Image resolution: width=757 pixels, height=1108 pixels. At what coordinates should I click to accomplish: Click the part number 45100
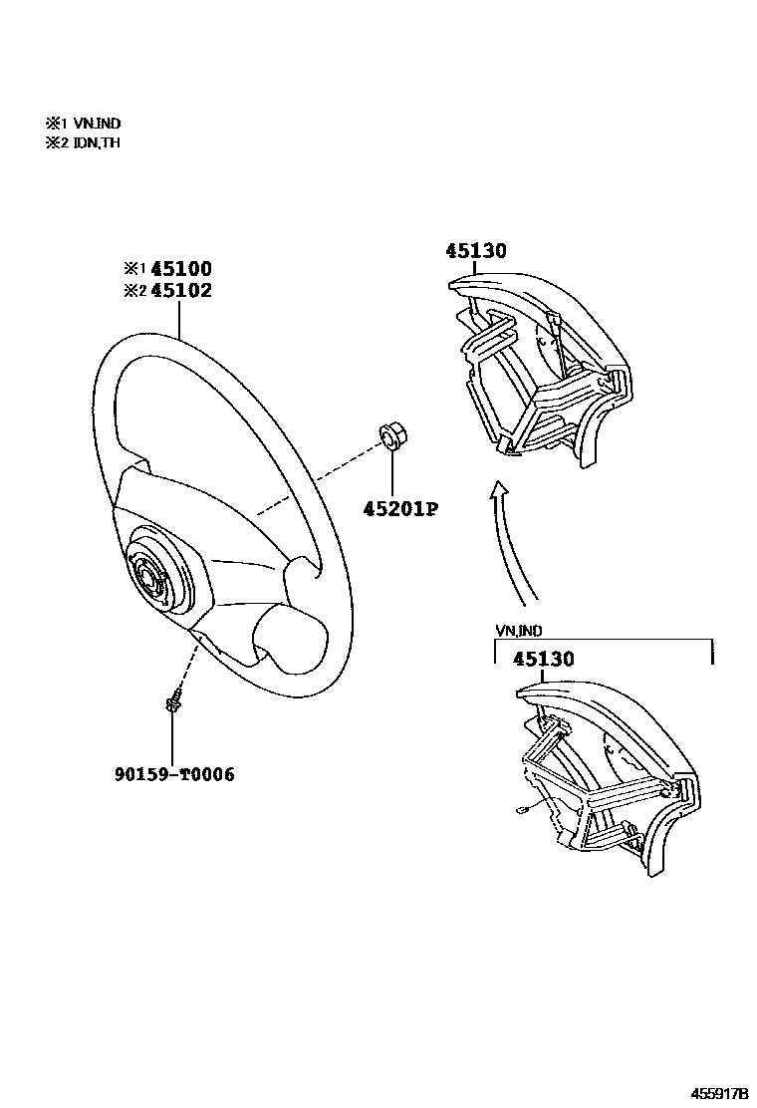(180, 269)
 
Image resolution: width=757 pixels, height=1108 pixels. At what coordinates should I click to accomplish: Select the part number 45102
(180, 290)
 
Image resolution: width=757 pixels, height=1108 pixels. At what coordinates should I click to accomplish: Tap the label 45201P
(401, 509)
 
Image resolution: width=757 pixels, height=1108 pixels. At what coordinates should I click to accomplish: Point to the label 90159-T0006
(174, 773)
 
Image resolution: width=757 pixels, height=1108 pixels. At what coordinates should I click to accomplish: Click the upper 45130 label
(475, 251)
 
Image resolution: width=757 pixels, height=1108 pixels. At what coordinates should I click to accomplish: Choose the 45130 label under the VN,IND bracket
(544, 660)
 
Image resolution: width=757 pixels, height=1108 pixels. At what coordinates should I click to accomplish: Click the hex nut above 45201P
(391, 436)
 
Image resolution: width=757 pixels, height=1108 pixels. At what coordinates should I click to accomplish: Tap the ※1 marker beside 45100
(133, 269)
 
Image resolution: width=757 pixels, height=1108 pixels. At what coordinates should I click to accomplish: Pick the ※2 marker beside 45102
(133, 290)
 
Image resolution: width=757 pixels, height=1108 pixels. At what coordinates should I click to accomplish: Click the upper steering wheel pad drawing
(543, 364)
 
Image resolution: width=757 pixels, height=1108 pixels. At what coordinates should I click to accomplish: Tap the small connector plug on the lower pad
(522, 811)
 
